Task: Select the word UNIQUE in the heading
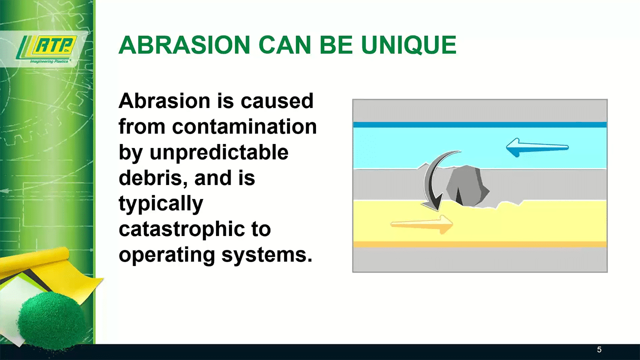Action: (x=408, y=45)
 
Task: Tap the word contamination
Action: (x=244, y=126)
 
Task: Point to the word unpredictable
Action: (x=219, y=152)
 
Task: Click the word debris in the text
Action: (x=153, y=177)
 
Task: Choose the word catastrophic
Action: (x=181, y=229)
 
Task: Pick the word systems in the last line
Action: (x=267, y=255)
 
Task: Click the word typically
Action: (x=161, y=203)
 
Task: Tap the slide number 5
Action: (x=599, y=349)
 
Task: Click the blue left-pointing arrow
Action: (x=537, y=147)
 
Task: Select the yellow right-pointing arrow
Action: (x=421, y=224)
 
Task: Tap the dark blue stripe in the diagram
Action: (x=480, y=124)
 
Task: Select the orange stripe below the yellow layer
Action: (x=480, y=244)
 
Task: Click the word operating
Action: (x=166, y=255)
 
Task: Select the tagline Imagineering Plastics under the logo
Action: (x=49, y=61)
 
